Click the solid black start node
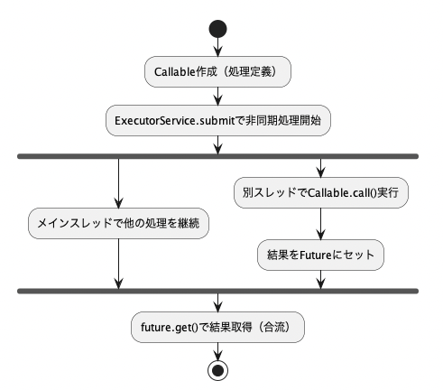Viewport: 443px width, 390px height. click(217, 29)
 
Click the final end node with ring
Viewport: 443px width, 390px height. click(217, 370)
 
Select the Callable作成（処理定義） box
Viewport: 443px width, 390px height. click(217, 71)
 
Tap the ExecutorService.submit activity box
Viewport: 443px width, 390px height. click(218, 120)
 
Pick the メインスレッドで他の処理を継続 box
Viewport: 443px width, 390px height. click(118, 223)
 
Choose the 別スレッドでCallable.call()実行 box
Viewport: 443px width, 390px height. click(321, 192)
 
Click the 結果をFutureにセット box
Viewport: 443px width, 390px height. click(320, 255)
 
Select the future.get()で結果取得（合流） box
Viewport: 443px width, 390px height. click(217, 327)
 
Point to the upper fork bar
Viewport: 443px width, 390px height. click(218, 156)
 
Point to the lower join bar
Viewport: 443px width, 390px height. click(218, 291)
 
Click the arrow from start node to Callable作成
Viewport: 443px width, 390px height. click(217, 47)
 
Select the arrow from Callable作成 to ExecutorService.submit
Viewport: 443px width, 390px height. click(217, 97)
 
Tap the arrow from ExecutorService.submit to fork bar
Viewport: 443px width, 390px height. click(217, 145)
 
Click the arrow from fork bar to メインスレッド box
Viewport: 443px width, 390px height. click(119, 183)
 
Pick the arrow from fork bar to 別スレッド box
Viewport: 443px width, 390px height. click(321, 168)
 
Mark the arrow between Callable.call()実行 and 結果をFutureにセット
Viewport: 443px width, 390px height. click(321, 224)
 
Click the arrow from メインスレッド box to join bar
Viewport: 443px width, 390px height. click(119, 264)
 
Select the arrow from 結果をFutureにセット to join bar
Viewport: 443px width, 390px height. click(321, 280)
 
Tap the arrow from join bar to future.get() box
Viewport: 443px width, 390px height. click(217, 302)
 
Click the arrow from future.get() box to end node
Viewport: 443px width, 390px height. click(217, 351)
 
